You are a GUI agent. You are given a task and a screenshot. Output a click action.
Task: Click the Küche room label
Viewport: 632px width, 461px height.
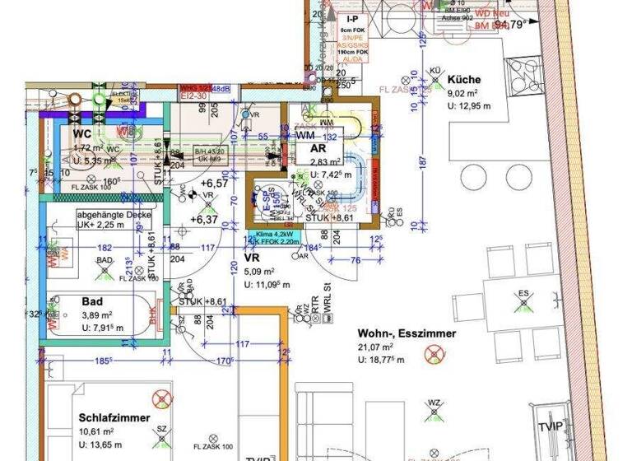point(464,80)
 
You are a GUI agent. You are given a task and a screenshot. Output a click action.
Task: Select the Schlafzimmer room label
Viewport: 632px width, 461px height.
point(114,417)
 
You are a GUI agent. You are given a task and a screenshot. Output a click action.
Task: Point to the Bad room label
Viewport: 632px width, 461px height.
point(93,301)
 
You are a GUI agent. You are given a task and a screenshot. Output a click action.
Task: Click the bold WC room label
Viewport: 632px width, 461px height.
point(82,133)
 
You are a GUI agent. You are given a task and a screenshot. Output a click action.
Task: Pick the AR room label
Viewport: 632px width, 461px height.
point(318,148)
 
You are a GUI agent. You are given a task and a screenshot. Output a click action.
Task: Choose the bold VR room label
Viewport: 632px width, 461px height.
point(253,257)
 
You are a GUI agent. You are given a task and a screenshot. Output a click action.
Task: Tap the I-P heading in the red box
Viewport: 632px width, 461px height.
point(352,18)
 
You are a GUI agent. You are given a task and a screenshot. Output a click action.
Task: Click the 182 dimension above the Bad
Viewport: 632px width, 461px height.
point(105,246)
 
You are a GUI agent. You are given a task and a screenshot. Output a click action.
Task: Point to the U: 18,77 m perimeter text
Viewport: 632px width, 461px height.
point(385,361)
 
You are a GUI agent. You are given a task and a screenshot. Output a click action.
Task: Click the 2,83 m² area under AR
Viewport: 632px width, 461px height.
point(318,162)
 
